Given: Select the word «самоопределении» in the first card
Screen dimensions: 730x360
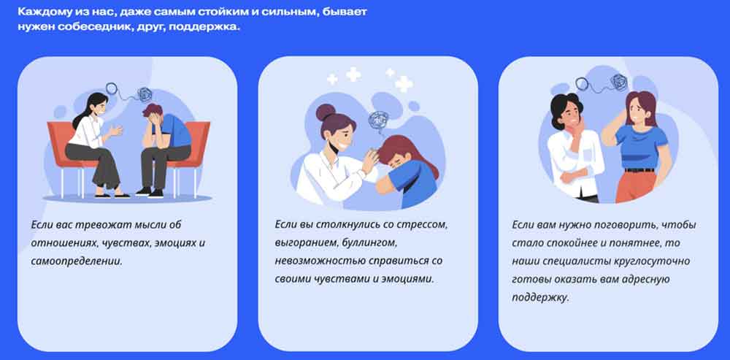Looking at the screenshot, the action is point(77,261).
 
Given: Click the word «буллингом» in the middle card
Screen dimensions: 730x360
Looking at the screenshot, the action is point(369,243).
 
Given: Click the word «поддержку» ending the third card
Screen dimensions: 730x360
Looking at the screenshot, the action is point(540,298).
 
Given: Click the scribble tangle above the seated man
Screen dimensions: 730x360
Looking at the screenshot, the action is point(144,94).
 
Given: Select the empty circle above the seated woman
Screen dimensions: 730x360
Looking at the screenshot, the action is point(112,88).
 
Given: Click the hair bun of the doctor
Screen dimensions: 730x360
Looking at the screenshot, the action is point(325,112).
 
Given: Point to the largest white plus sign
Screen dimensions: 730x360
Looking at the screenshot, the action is point(404,84).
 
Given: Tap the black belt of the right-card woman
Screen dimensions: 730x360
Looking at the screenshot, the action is point(639,170).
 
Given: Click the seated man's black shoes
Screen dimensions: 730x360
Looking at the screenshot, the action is point(150,192).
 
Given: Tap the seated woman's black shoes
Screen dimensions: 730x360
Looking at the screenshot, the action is point(112,195).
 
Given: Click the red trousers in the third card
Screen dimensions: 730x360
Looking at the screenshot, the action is point(636,187).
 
